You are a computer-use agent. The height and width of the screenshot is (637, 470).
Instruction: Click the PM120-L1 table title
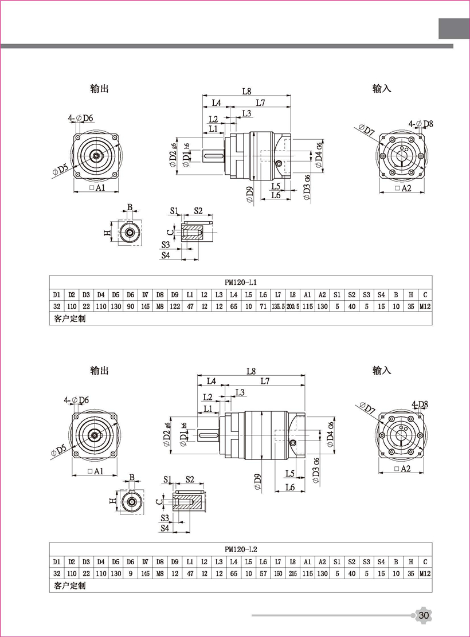coord(241,282)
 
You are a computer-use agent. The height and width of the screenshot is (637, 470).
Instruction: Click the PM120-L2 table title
coord(241,549)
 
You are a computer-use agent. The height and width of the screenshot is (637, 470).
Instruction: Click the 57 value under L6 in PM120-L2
coord(263,573)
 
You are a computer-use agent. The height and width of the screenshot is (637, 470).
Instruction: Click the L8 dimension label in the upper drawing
coord(247,91)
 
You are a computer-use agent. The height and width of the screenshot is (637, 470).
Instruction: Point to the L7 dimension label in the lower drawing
coord(265,381)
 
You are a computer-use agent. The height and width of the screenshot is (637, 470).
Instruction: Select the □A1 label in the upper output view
coord(96,188)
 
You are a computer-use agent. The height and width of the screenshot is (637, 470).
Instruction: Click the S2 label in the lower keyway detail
coord(190,479)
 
